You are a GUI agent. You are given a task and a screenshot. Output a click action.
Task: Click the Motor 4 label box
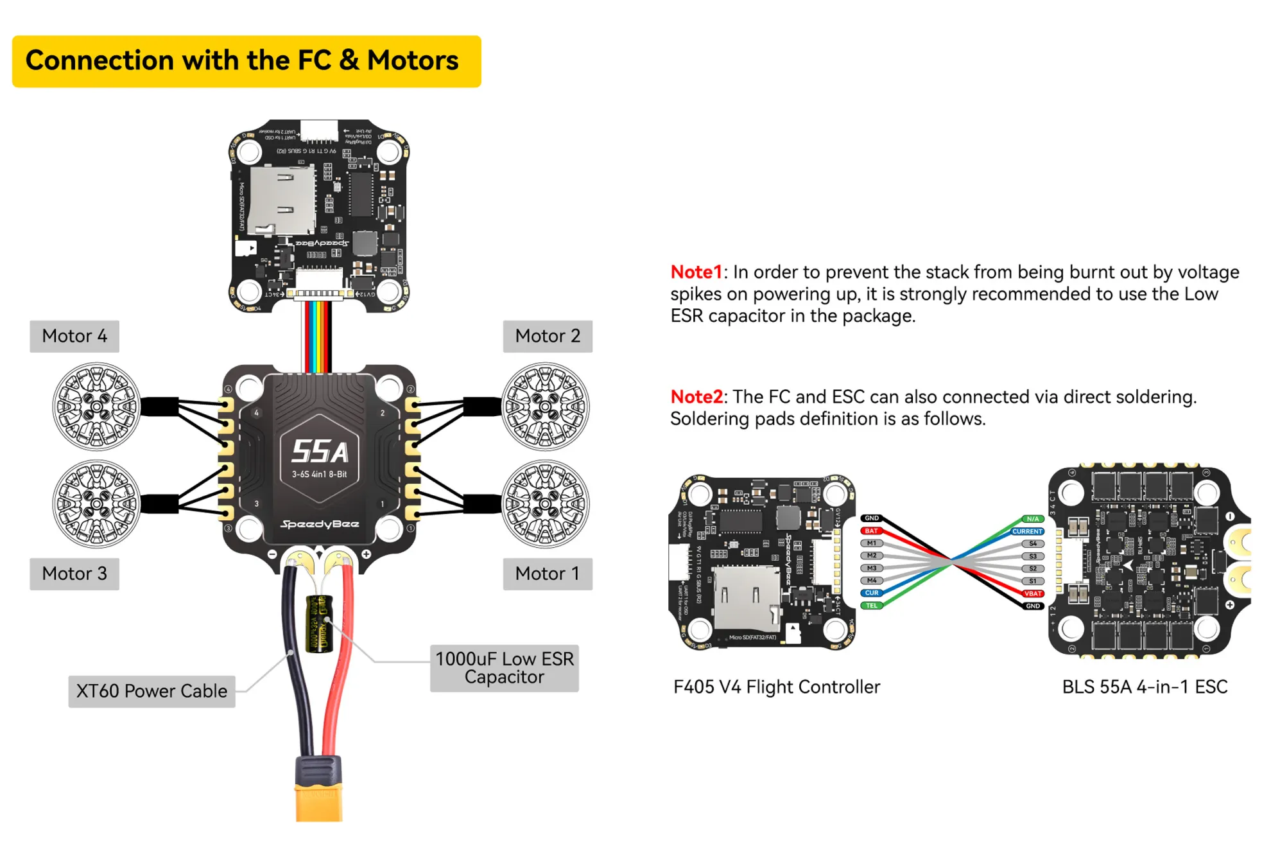[x=74, y=336]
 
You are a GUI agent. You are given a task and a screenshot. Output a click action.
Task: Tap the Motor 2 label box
[x=548, y=336]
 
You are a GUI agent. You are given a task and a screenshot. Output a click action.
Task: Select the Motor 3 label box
[x=74, y=574]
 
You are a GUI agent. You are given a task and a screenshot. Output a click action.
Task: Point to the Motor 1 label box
[x=548, y=574]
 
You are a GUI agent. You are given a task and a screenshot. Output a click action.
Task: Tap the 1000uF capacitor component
[x=319, y=624]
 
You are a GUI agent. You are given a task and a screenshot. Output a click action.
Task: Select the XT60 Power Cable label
[x=151, y=691]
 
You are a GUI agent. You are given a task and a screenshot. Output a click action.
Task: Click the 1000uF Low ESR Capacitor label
[x=505, y=668]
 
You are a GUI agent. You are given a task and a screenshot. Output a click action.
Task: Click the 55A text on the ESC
[x=320, y=452]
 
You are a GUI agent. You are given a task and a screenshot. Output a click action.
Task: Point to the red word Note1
[x=696, y=272]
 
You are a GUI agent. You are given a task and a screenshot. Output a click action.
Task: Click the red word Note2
[x=696, y=397]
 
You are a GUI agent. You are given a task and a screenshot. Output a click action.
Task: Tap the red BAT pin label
[x=871, y=531]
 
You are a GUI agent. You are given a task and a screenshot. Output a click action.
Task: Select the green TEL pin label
[x=871, y=606]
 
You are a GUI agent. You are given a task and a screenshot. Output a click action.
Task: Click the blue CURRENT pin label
[x=1027, y=532]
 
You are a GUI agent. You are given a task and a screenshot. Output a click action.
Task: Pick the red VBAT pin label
[x=1032, y=593]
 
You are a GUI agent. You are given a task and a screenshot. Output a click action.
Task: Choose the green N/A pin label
[x=1032, y=519]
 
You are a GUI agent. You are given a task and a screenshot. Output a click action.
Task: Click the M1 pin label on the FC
[x=871, y=543]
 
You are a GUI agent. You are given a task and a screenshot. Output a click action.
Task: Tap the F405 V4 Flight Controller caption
[x=777, y=687]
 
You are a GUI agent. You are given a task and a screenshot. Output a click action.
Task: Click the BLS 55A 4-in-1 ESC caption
[x=1145, y=687]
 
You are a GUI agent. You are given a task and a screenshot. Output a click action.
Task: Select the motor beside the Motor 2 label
[x=545, y=407]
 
